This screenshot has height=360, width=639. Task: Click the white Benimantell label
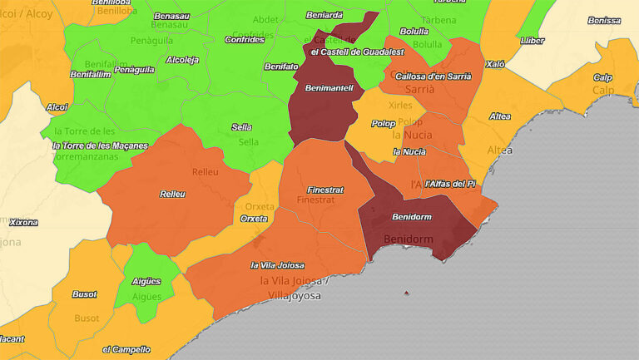[x=329, y=87]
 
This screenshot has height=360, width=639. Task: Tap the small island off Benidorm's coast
[x=406, y=293]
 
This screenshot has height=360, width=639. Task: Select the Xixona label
[x=22, y=222]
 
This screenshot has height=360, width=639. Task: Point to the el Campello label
[x=126, y=349]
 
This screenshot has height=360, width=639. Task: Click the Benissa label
[x=603, y=20]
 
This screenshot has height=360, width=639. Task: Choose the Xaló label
[x=496, y=63]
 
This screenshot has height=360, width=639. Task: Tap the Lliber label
[x=532, y=40]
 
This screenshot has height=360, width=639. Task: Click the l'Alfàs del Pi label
[x=449, y=183]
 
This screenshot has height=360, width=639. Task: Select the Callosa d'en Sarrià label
[x=433, y=76]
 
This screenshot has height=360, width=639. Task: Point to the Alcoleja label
[x=182, y=60]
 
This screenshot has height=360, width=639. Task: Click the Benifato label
[x=281, y=66]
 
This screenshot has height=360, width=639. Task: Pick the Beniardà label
[x=324, y=15]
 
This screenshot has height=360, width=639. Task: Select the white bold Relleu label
[x=172, y=194]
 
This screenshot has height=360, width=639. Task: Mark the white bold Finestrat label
[x=325, y=190]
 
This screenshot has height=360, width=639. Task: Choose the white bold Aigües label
[x=146, y=282]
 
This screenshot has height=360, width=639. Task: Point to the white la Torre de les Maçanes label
[x=99, y=145]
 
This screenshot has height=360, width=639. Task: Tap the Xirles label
[x=400, y=106]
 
